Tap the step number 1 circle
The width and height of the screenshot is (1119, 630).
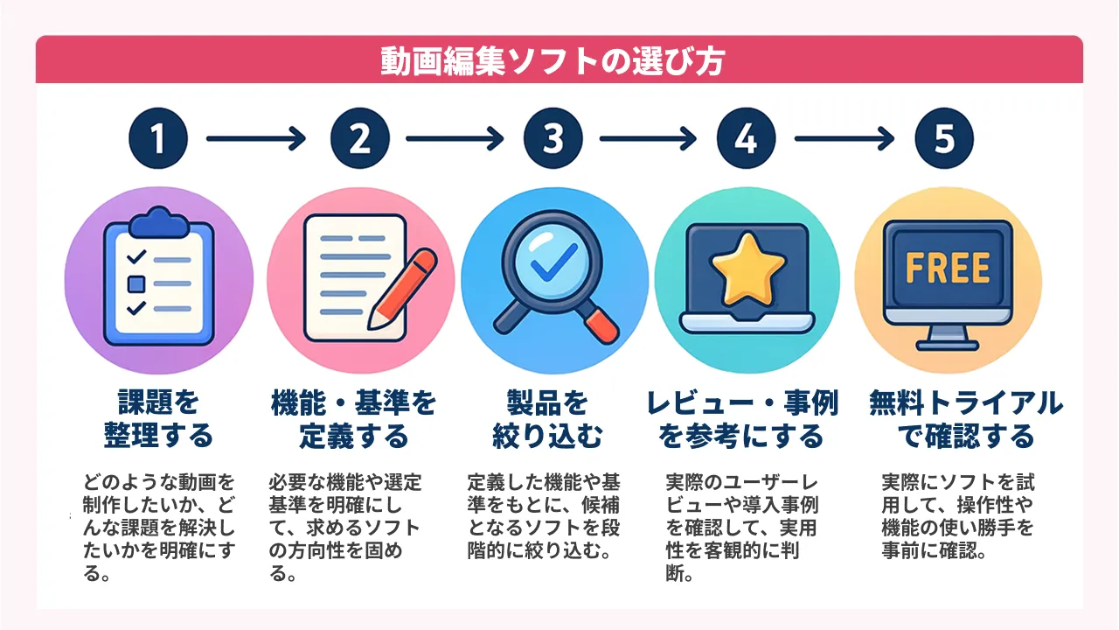coord(158,138)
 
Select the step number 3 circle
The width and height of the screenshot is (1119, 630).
coord(553,138)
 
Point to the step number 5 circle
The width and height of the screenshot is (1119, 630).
coord(944,138)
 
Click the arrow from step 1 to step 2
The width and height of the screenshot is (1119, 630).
coord(254,138)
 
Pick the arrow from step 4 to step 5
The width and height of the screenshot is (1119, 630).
coord(844,138)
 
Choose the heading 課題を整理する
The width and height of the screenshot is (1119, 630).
coord(158,419)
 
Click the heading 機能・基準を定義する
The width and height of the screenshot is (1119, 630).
coord(354,419)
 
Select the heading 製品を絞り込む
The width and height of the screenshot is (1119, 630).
coord(547,419)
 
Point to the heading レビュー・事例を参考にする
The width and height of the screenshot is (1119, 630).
coord(742,419)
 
